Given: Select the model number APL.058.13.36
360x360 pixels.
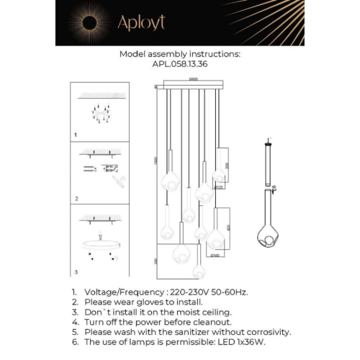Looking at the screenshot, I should (179, 63).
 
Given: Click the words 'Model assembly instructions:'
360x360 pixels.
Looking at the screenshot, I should (179, 54).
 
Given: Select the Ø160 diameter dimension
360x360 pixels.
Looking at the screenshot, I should (215, 254).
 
